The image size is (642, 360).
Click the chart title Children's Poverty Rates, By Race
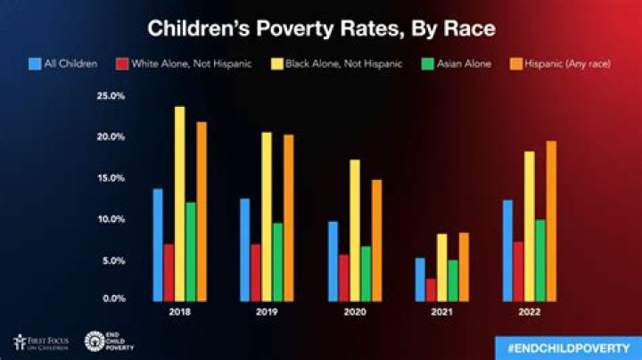click(x=321, y=29)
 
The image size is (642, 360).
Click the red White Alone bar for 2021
click(x=431, y=290)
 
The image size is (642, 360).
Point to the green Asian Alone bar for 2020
click(x=366, y=274)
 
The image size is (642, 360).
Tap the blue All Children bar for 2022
click(x=507, y=250)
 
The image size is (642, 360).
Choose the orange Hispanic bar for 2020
click(x=376, y=241)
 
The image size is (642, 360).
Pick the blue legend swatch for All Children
click(x=36, y=64)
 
